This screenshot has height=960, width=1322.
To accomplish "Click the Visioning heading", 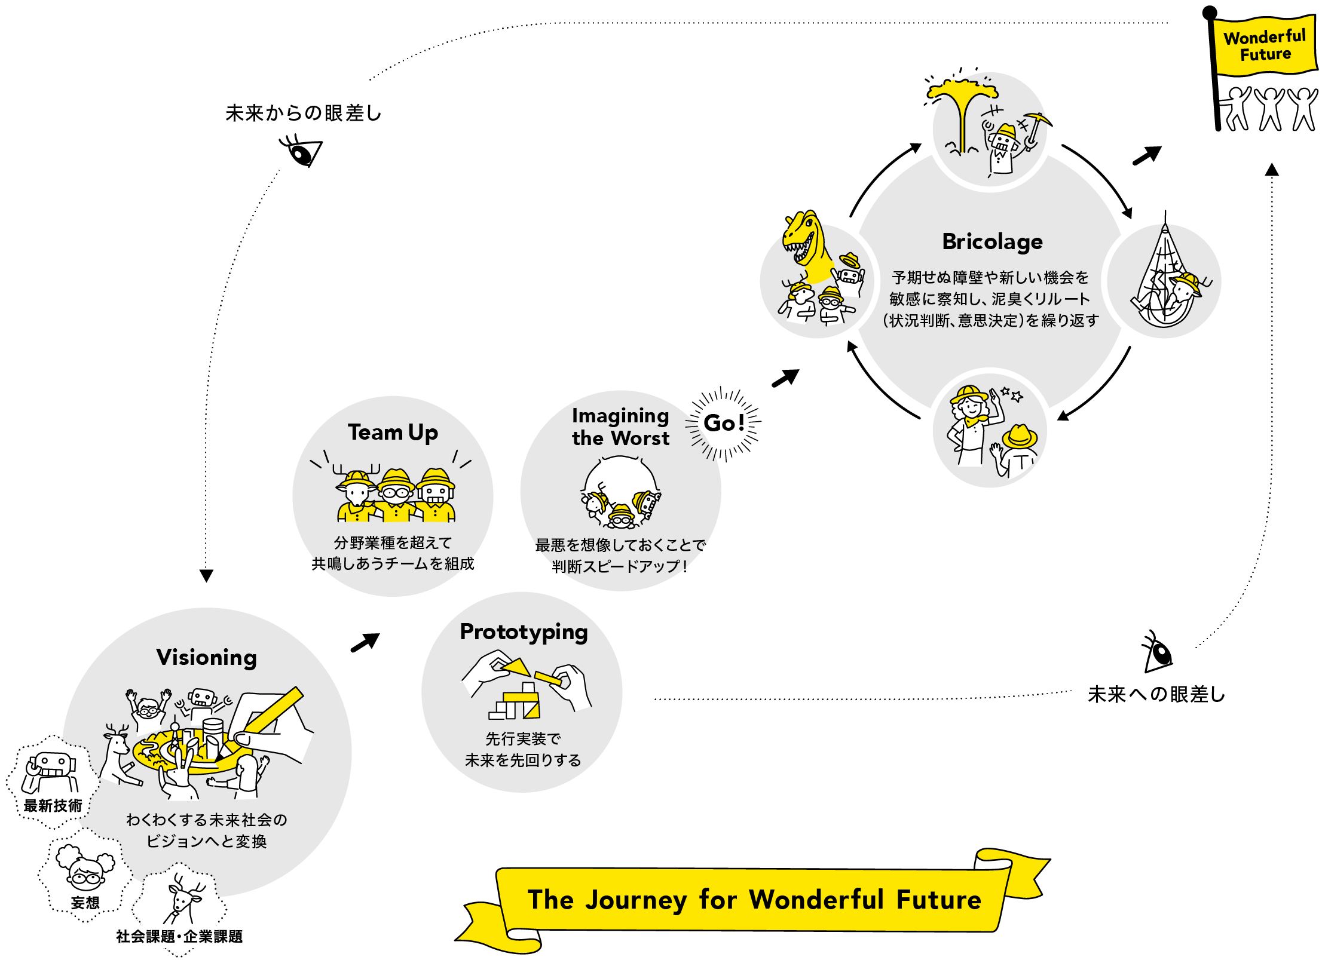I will pos(207,657).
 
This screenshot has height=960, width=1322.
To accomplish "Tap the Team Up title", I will pos(393,432).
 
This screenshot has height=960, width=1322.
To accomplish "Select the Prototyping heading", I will pos(524,632).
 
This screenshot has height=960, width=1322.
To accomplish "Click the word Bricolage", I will pos(992,241).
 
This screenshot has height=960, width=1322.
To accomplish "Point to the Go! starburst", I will pos(724,423).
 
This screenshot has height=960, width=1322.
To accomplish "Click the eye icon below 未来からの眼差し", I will pos(302,152).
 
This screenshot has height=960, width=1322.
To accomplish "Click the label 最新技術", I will pos(53,805).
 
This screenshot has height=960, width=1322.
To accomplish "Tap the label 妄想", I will pos(85,903).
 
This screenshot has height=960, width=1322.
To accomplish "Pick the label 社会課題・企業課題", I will pos(179,936).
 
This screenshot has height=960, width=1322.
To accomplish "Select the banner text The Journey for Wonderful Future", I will pos(754,900).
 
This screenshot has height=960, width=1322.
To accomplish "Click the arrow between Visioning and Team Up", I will pos(365,643).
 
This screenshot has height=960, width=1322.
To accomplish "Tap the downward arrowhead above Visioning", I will pos(206,575).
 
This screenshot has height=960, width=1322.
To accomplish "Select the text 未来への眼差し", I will pos(1156,694).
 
